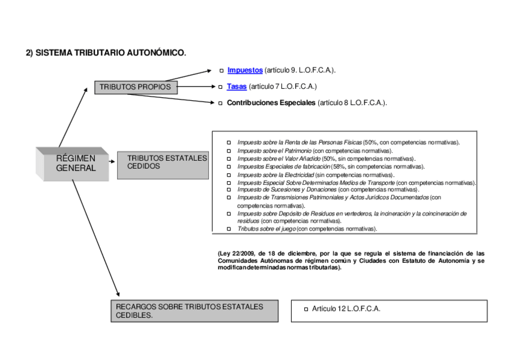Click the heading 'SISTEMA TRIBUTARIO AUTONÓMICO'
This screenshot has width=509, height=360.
pos(111,53)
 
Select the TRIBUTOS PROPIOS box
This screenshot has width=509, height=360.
pos(136,87)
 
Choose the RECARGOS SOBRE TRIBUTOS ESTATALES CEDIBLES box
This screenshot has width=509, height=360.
pos(194,311)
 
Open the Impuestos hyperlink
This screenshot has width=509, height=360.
pos(245,70)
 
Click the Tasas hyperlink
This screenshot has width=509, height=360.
pos(236,86)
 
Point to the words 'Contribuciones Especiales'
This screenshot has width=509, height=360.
pos(271,103)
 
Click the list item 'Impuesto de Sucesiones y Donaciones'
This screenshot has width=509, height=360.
pos(287,189)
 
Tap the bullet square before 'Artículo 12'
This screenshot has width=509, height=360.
pos(306,309)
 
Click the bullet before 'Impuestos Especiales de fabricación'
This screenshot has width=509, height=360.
pos(228,167)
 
